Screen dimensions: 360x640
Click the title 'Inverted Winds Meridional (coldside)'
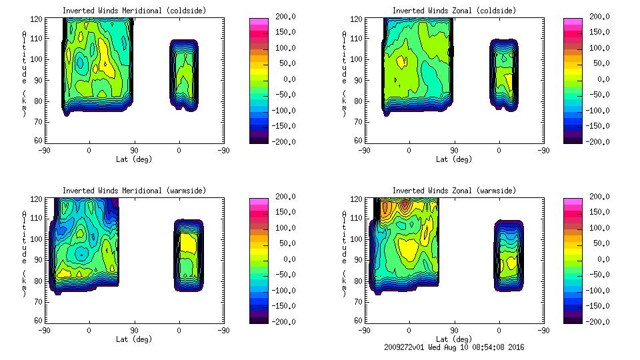click(x=134, y=11)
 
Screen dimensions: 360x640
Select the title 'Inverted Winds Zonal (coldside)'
click(x=454, y=11)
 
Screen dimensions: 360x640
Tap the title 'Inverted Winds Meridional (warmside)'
click(x=134, y=191)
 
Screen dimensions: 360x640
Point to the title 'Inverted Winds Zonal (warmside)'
click(x=454, y=191)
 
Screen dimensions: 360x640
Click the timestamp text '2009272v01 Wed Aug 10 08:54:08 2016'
click(x=454, y=347)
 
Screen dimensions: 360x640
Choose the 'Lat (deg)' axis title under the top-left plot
click(x=134, y=159)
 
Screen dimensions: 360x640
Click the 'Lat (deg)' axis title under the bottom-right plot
click(x=454, y=339)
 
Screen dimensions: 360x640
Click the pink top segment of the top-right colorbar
click(x=572, y=21)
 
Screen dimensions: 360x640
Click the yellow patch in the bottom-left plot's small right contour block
click(x=189, y=243)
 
